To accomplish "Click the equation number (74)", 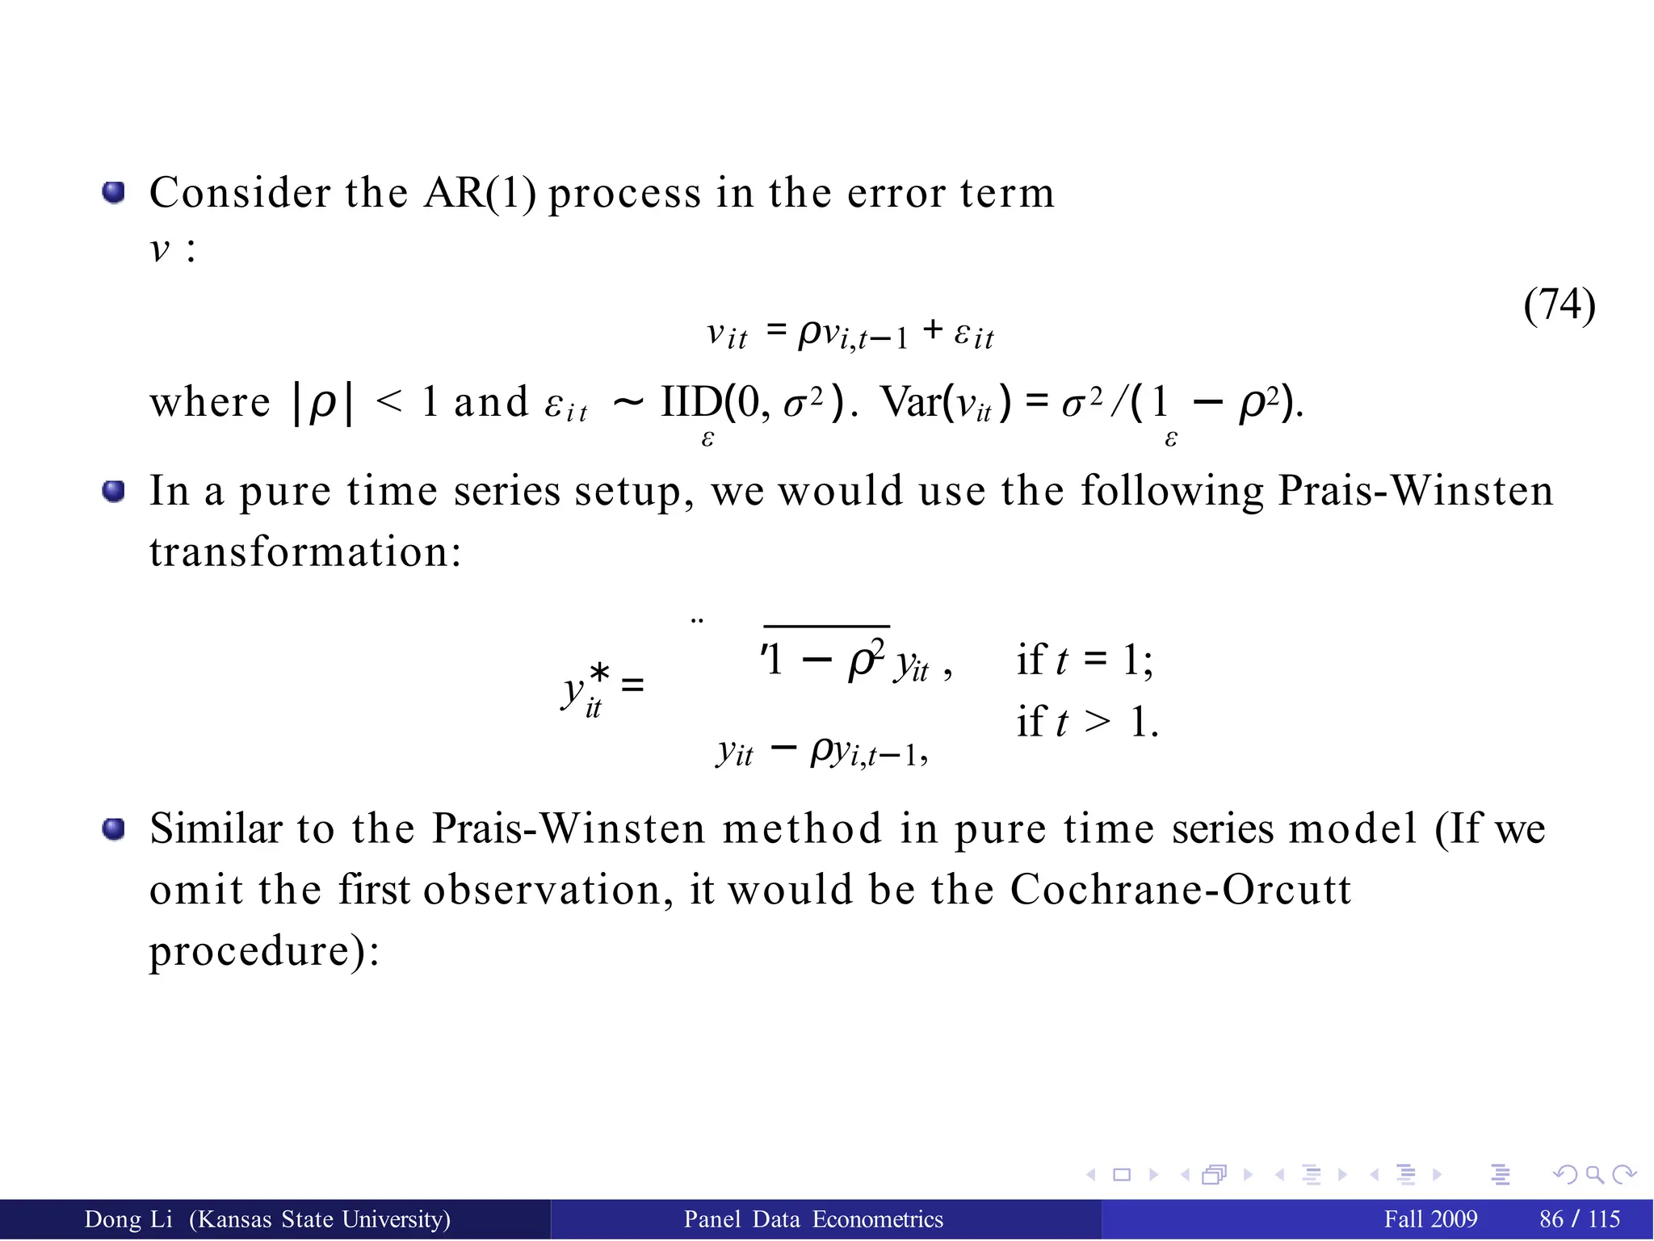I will click(x=1559, y=305).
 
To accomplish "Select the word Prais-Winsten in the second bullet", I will click(x=1415, y=491).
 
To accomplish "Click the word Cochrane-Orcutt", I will click(x=1180, y=890).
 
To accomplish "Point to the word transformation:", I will click(x=305, y=552).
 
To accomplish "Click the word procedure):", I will click(x=264, y=951).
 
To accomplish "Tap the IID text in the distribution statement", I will click(x=691, y=402).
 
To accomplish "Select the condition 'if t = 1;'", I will click(x=1085, y=660).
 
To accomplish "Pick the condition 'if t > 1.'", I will click(x=1087, y=721).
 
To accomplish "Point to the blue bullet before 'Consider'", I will click(x=114, y=193).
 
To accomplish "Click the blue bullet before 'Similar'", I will click(x=114, y=828).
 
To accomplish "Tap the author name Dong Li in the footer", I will click(x=128, y=1219).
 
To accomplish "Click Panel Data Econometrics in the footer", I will click(x=813, y=1219).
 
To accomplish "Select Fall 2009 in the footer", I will click(x=1430, y=1219).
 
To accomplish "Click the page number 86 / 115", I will click(x=1580, y=1219).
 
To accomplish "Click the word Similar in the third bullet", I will click(x=216, y=829).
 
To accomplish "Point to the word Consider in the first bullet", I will click(x=240, y=194).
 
